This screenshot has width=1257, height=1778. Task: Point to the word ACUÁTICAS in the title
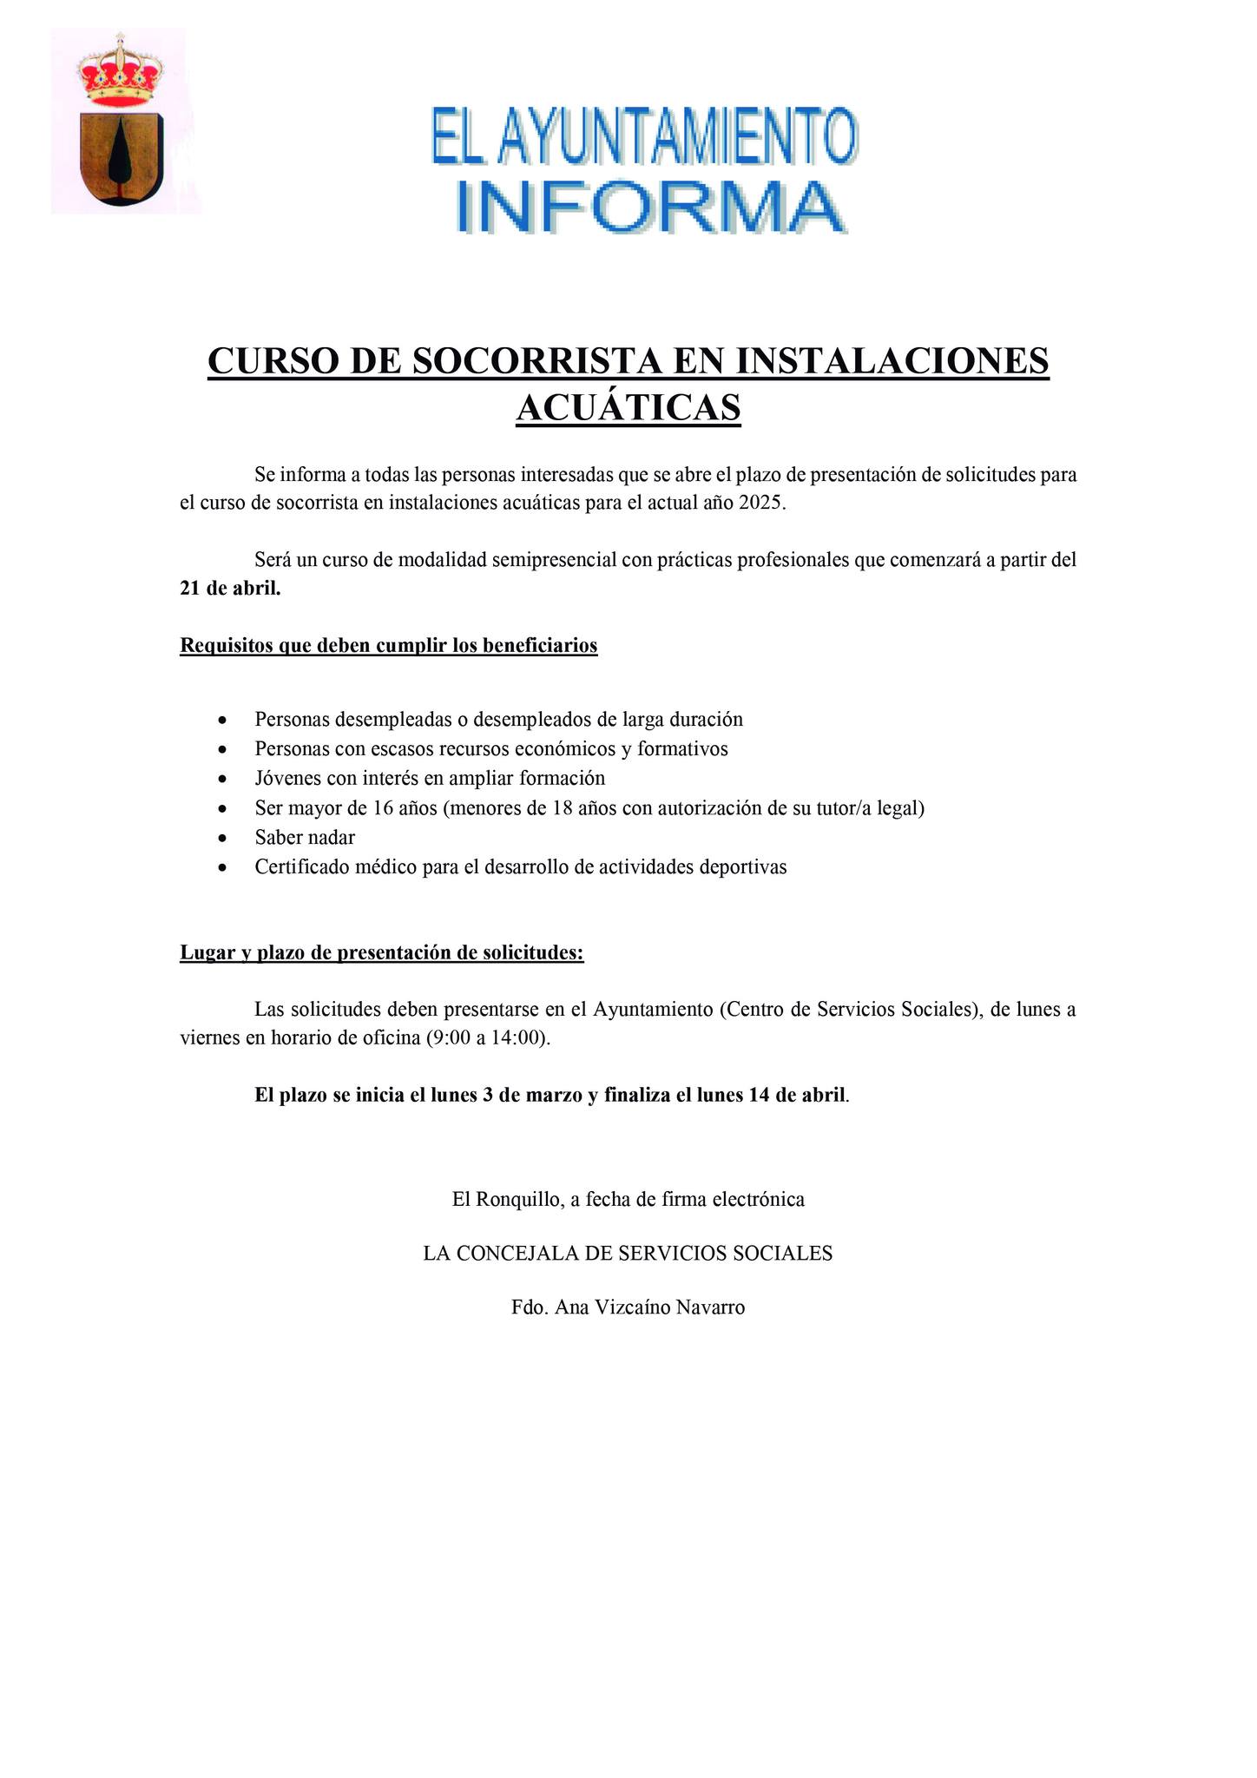click(628, 407)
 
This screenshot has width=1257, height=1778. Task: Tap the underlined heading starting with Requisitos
click(388, 646)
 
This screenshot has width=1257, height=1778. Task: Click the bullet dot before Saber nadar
click(224, 839)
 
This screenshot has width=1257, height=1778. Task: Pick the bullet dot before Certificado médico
click(224, 867)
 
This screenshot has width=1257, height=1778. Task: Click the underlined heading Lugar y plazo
click(381, 953)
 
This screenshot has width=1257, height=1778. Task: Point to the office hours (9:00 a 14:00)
click(488, 1038)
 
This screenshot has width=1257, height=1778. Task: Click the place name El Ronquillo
click(506, 1200)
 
